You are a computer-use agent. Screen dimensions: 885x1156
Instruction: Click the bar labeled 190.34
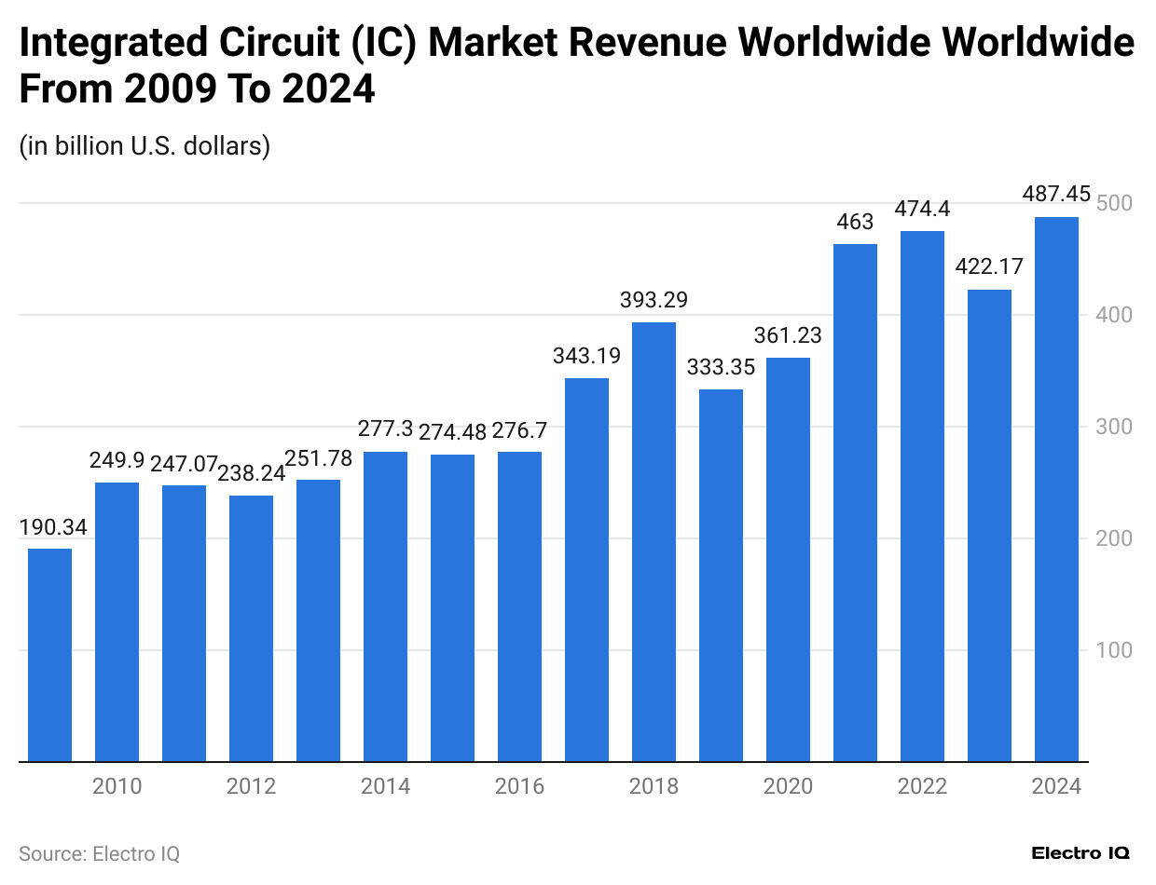point(49,655)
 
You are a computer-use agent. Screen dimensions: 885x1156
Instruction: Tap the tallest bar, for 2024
point(1056,489)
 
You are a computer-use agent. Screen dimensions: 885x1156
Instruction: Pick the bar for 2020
point(788,560)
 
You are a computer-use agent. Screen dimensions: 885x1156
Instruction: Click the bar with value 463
point(855,503)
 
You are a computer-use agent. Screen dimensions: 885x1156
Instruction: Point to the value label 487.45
point(1056,194)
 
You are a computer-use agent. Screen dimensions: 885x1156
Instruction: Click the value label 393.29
point(654,300)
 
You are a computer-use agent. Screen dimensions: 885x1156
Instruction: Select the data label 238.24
point(251,473)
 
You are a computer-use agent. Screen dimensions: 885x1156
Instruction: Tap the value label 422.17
point(989,267)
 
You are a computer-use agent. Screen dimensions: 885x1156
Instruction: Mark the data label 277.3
point(385,429)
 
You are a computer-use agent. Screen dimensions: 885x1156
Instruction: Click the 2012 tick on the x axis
point(251,787)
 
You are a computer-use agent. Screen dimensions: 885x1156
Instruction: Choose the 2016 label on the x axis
point(519,787)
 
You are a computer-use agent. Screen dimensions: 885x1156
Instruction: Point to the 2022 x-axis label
point(922,787)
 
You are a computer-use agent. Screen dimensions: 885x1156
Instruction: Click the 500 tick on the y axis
point(1114,203)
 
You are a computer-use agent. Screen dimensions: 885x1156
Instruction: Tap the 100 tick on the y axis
point(1114,650)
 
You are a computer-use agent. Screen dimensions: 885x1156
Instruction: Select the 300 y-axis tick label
point(1114,427)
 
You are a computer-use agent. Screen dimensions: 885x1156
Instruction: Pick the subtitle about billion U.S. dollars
point(144,146)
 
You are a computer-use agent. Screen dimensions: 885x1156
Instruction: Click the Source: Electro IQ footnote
point(99,853)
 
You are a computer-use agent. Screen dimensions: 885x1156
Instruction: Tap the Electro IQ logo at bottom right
point(1080,853)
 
